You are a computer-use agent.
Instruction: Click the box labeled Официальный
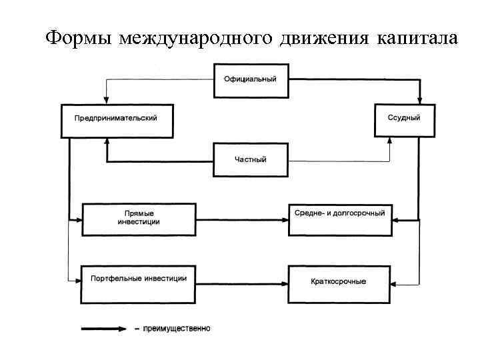click(x=250, y=80)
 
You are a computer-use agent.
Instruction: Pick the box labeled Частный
click(x=250, y=160)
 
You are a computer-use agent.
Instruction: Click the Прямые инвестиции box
click(x=138, y=218)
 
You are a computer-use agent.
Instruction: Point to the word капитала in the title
click(x=417, y=38)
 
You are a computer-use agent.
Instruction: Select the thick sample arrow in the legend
click(x=103, y=328)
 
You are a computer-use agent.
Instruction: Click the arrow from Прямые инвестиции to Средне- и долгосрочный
click(x=240, y=218)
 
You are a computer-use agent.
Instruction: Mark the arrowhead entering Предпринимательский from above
click(x=105, y=99)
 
